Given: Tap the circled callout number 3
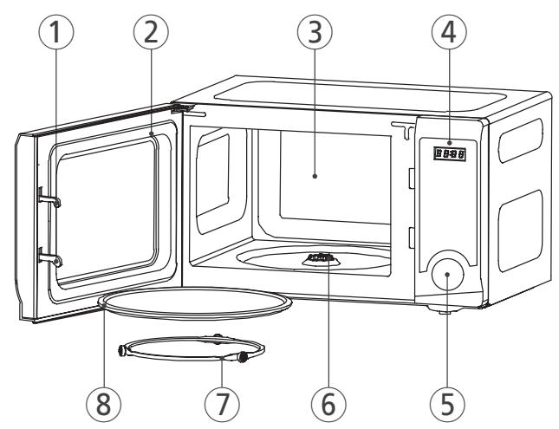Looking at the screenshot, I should (x=315, y=36).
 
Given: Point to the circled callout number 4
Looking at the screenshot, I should (x=450, y=36).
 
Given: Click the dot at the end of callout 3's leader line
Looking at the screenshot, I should (x=315, y=176).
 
